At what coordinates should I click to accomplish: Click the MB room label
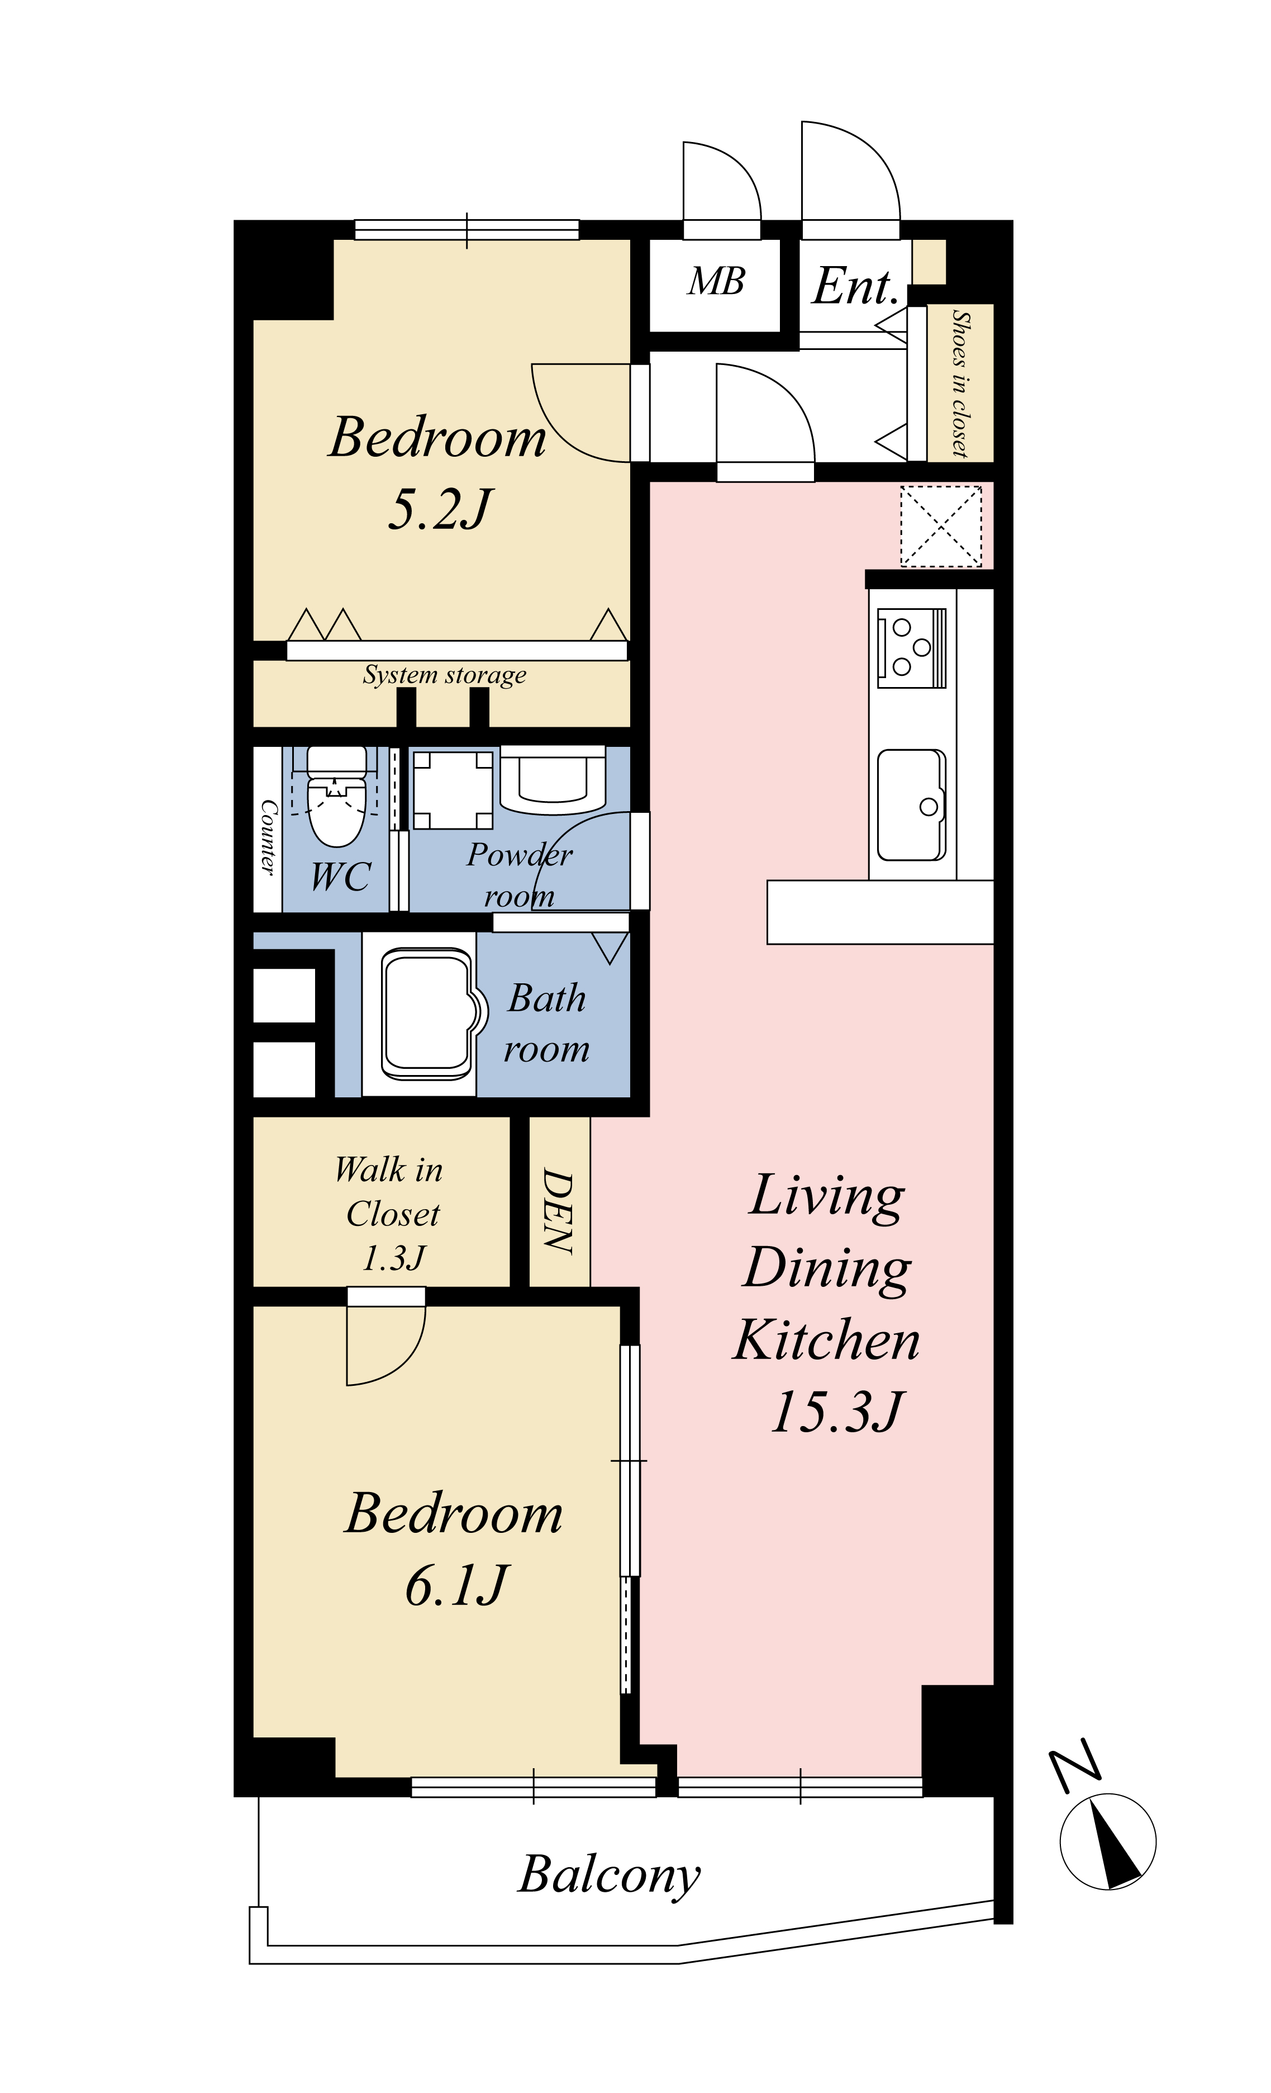(717, 282)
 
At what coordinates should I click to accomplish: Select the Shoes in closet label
(960, 384)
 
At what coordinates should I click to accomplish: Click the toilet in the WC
(336, 797)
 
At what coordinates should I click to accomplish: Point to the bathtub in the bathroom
(427, 1014)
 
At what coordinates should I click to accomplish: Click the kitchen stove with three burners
(911, 647)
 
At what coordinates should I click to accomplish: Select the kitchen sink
(911, 804)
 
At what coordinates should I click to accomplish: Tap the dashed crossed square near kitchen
(941, 526)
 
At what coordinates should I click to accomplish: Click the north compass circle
(1107, 1841)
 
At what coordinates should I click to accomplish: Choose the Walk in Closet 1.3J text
(390, 1213)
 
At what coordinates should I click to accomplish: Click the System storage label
(445, 674)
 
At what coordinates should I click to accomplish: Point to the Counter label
(268, 837)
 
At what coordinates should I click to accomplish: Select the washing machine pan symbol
(453, 790)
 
